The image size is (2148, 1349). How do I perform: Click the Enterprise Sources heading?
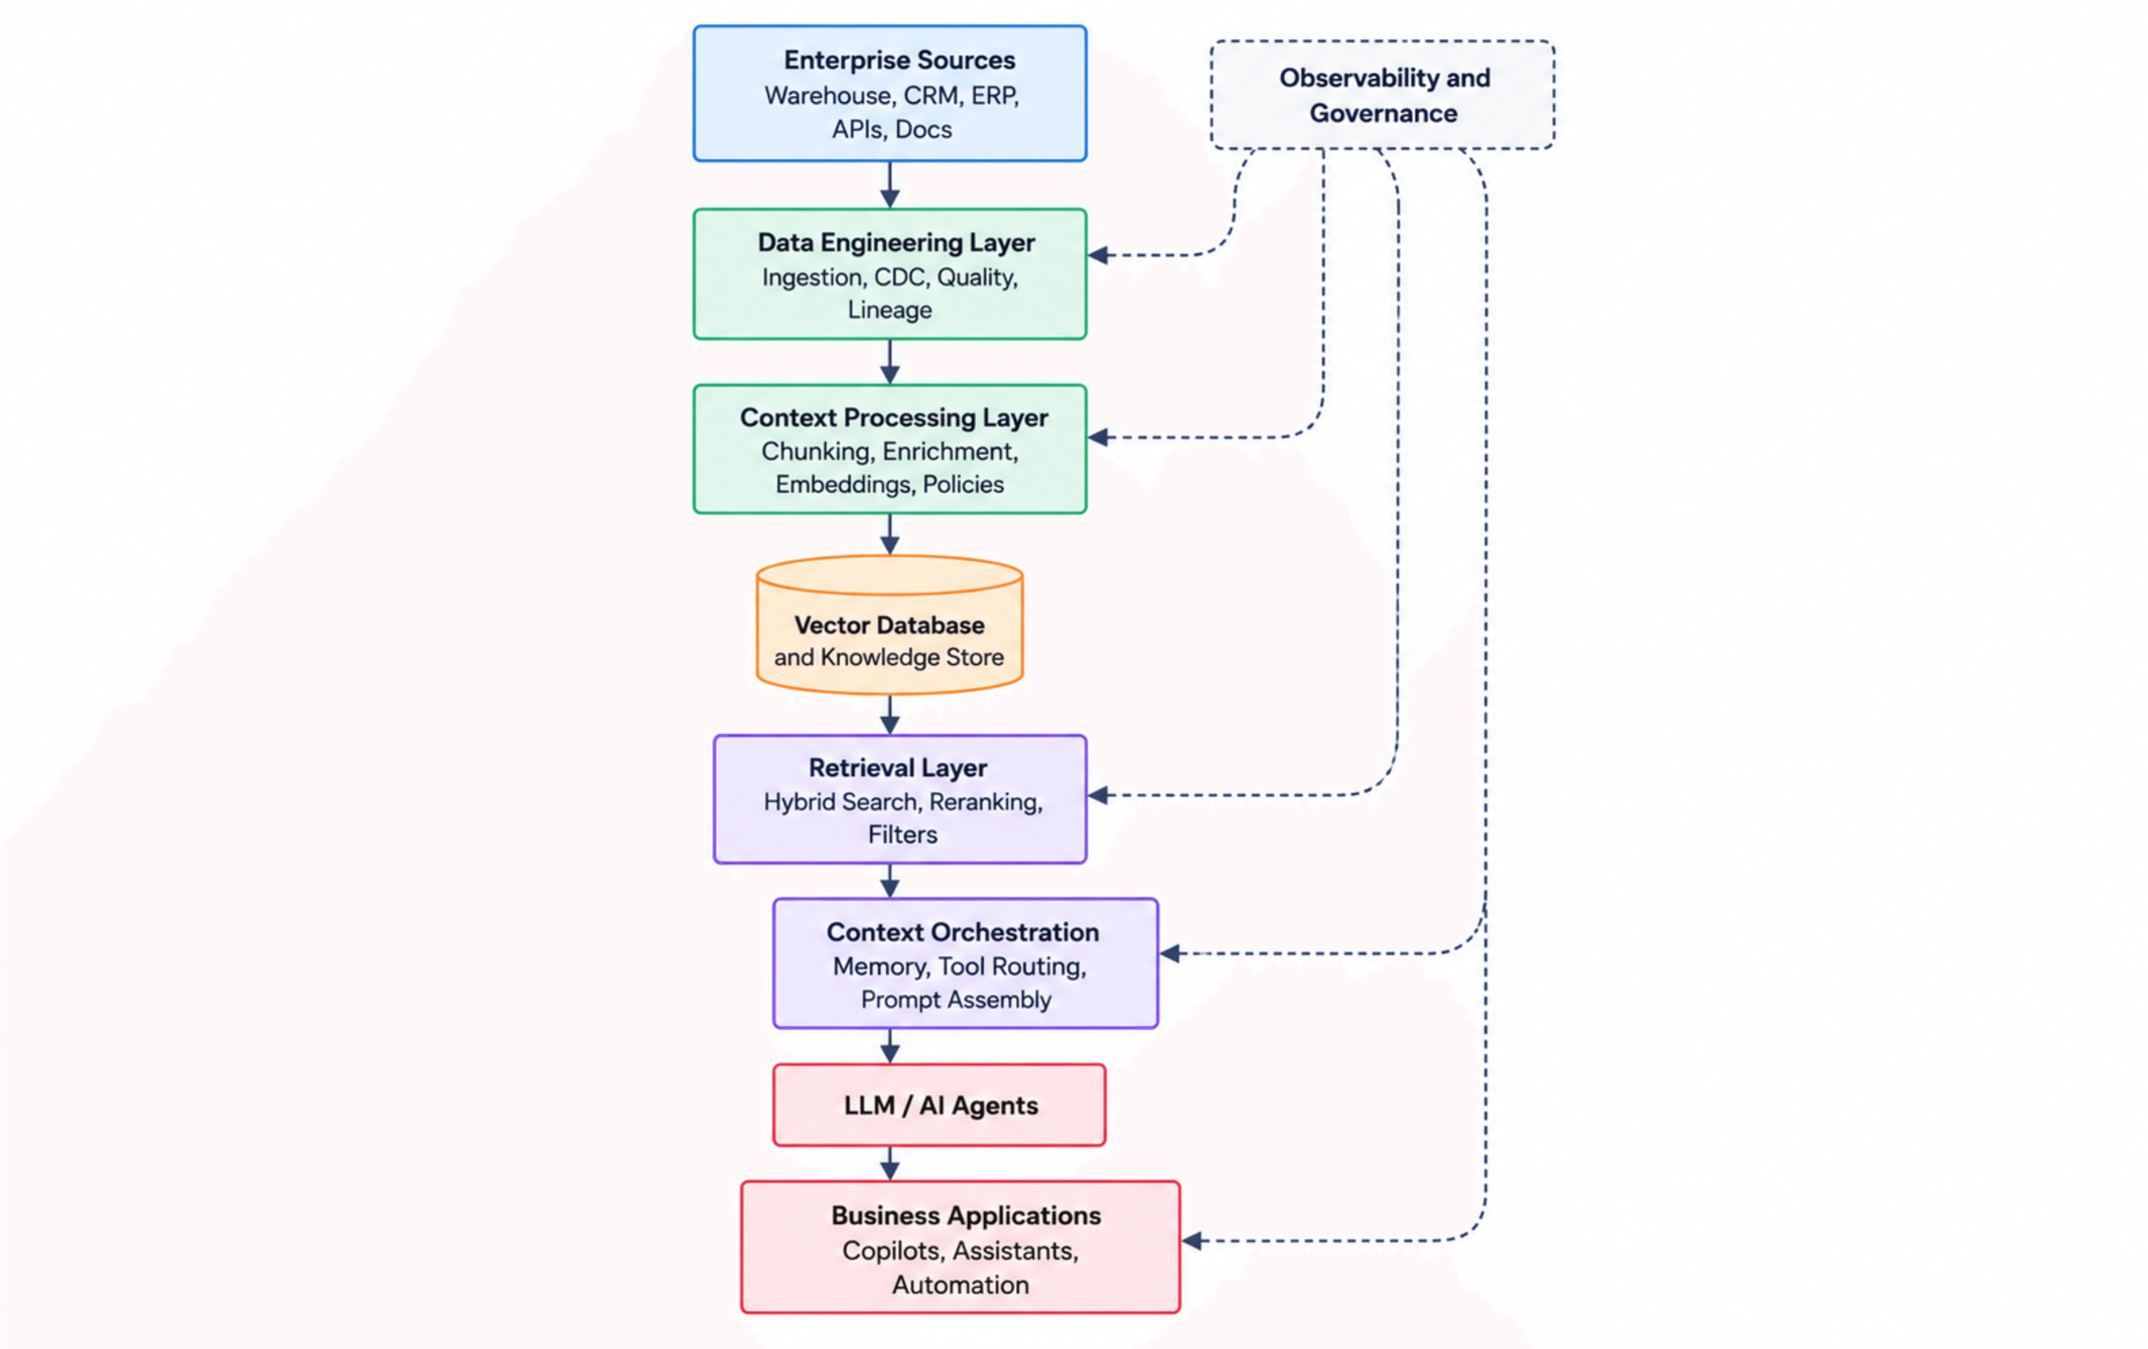pyautogui.click(x=899, y=60)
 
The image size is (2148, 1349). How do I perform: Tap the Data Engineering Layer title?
pyautogui.click(x=897, y=243)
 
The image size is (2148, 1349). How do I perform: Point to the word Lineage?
pyautogui.click(x=889, y=310)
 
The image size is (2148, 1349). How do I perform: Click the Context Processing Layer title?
pyautogui.click(x=894, y=418)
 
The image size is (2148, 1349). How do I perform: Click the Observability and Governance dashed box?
pyautogui.click(x=1383, y=95)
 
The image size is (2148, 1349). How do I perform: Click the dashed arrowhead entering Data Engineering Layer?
pyautogui.click(x=1098, y=255)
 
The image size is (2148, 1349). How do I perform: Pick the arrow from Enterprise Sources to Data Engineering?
pyautogui.click(x=889, y=185)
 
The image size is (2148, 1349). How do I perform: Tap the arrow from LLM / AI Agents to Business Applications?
pyautogui.click(x=889, y=1163)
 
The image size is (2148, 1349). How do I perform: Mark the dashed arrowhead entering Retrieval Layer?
pyautogui.click(x=1098, y=795)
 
